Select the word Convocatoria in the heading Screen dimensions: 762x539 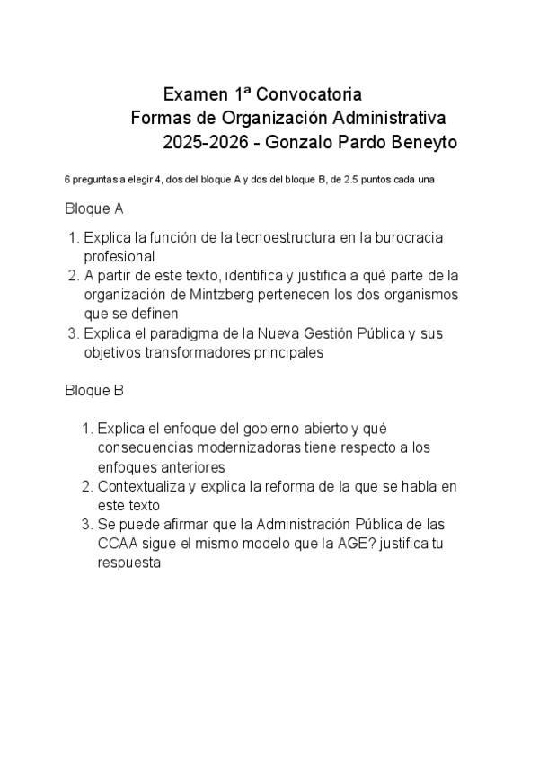[308, 93]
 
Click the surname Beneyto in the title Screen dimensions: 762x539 [425, 142]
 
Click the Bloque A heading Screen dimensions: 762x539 [93, 208]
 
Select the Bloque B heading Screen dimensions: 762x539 [93, 391]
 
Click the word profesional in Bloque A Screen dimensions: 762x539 [119, 256]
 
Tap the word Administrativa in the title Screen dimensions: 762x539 [391, 118]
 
